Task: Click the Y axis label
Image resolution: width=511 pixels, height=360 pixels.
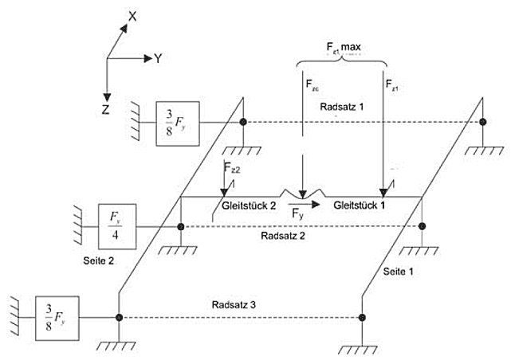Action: point(159,58)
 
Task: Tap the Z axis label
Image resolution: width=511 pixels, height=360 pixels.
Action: point(105,110)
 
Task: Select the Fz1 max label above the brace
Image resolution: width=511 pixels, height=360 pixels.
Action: point(343,49)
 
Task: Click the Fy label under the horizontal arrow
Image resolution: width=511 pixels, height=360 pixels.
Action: point(297,215)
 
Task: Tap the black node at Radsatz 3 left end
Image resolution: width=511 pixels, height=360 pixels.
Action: point(119,317)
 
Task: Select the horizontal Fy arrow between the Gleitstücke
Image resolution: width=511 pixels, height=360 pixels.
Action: point(306,204)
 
